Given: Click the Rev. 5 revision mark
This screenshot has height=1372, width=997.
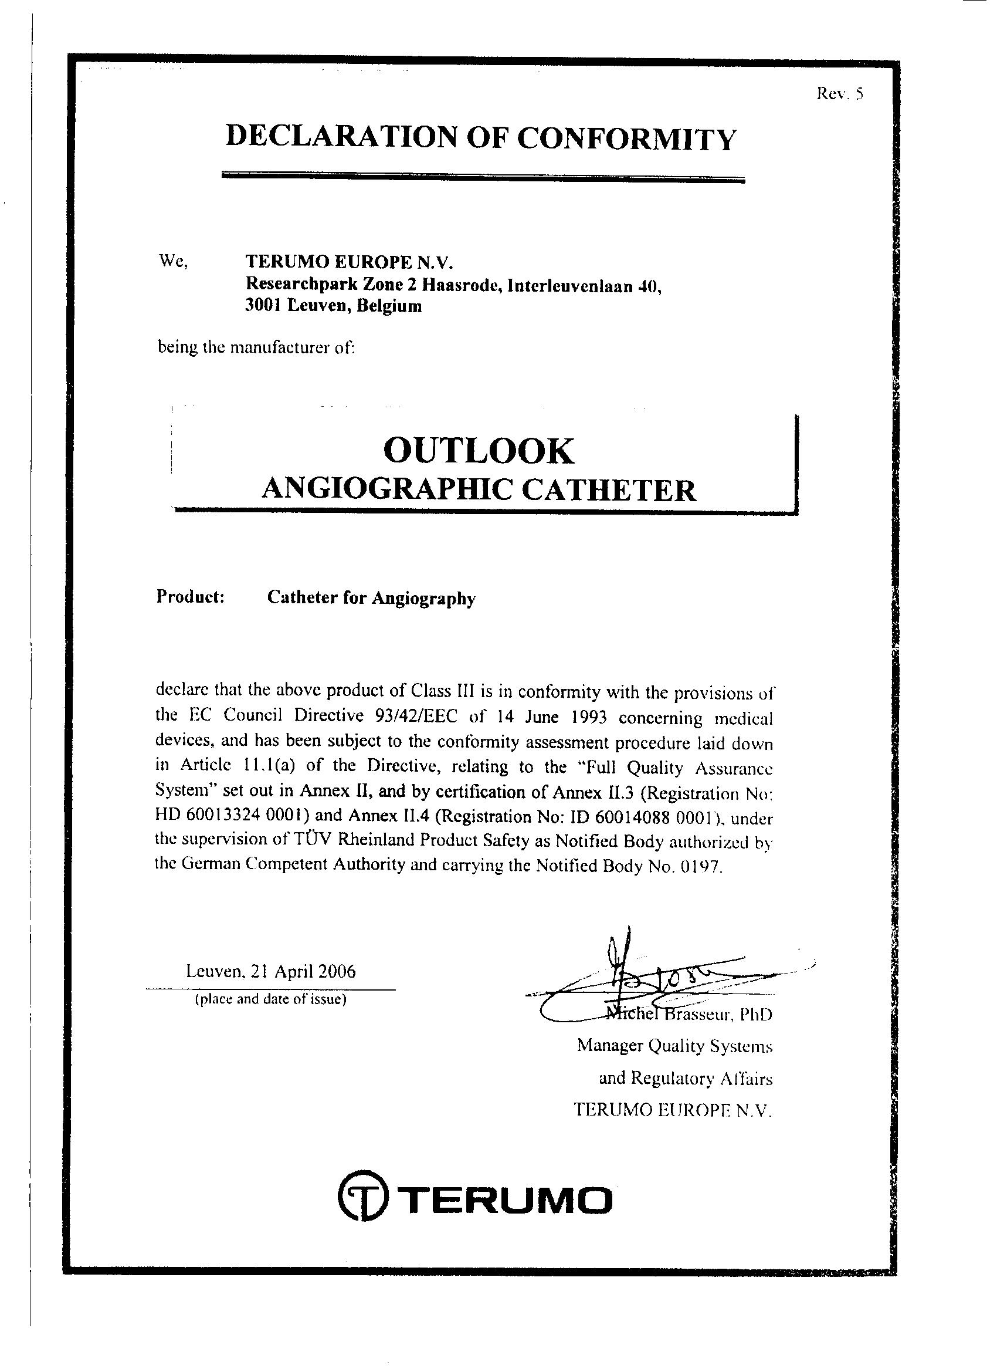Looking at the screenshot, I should tap(839, 94).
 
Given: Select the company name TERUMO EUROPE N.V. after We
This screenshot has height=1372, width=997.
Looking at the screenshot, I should tap(349, 262).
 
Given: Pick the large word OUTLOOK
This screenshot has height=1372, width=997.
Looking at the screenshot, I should tap(478, 451).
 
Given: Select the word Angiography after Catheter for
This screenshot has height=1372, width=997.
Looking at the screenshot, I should tap(423, 599).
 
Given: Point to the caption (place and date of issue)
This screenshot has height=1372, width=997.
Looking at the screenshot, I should tap(270, 999).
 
